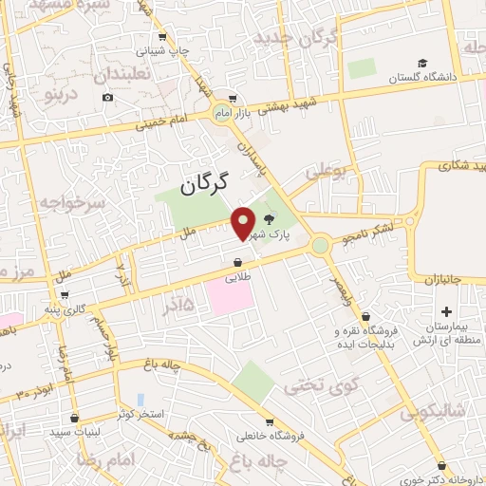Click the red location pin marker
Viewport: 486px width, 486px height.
pos(244,224)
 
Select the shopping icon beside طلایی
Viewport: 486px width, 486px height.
pos(237,264)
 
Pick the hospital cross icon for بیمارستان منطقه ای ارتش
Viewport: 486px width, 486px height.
pos(447,310)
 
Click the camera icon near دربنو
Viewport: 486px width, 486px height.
pos(107,98)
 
